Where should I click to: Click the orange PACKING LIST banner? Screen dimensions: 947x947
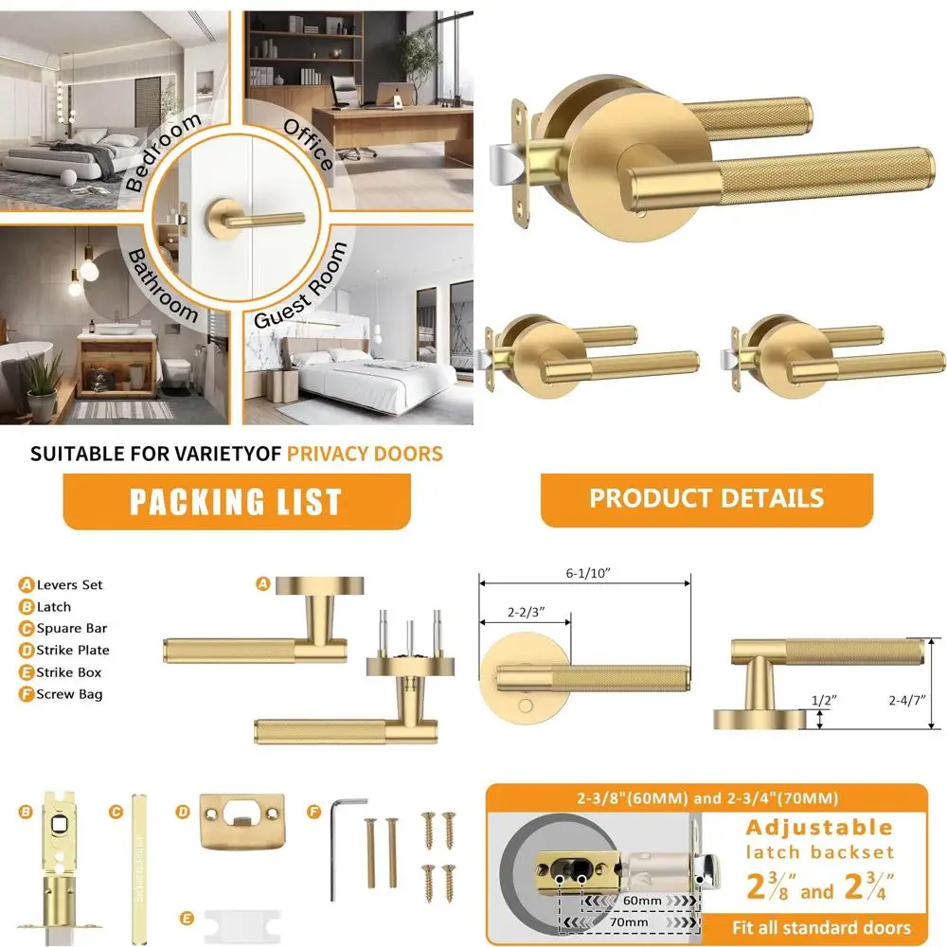[236, 501]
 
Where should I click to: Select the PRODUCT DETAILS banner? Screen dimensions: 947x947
[706, 498]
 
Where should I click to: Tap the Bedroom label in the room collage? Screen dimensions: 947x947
[164, 152]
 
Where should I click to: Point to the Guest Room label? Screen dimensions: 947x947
[301, 285]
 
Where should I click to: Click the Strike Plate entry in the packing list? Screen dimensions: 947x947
[73, 651]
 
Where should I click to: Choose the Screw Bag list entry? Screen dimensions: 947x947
[69, 694]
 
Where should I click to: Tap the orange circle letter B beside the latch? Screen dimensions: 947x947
[26, 811]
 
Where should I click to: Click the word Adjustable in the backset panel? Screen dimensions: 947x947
[819, 828]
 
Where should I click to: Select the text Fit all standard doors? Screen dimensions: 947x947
[821, 927]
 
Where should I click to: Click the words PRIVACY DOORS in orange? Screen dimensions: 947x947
[365, 454]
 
